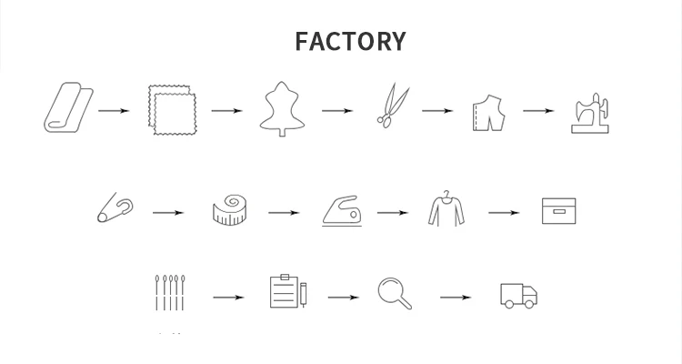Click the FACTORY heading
coord(350,42)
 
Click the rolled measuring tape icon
coord(228,210)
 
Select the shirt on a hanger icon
coord(446,208)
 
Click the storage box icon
coord(559,210)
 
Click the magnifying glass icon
coord(395,292)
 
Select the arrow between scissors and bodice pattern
coord(436,111)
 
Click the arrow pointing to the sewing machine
coord(538,111)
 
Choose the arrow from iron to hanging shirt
coord(393,213)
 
